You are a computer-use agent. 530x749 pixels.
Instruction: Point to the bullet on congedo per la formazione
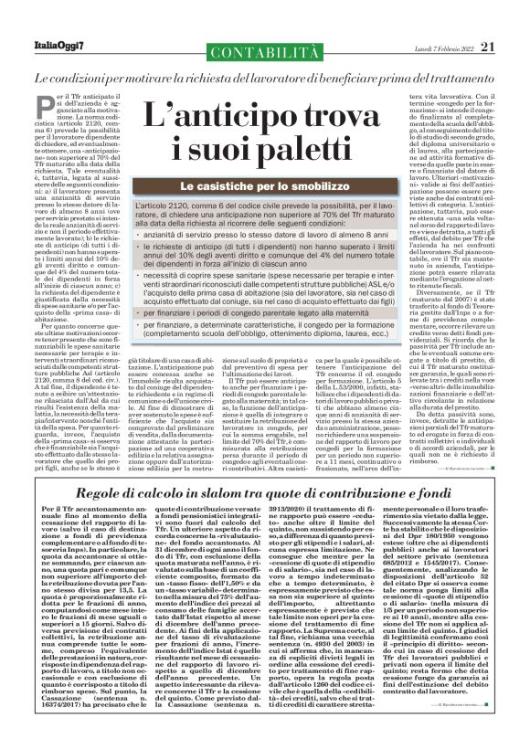pyautogui.click(x=278, y=367)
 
